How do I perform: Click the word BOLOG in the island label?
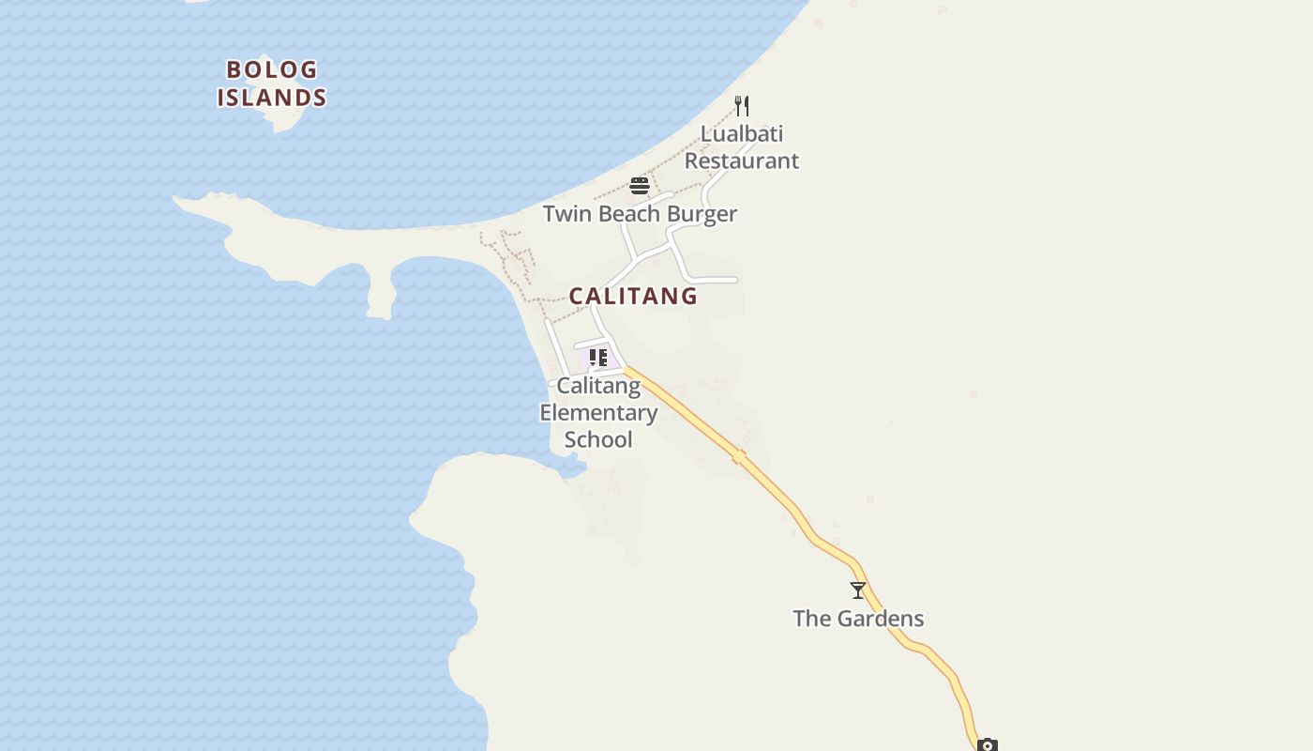[272, 69]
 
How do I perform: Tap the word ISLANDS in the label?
[272, 98]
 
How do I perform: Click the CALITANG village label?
[633, 296]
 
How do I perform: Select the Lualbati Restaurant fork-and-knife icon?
[741, 105]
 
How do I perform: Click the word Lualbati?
[741, 133]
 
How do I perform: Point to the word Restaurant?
[741, 161]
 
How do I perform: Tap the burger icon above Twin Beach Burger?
[640, 185]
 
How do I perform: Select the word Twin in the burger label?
[567, 214]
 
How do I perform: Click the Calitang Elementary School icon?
[597, 358]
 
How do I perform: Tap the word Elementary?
[598, 412]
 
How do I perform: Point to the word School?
[598, 439]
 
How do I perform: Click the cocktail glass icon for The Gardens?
[857, 590]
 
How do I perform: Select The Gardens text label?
[858, 619]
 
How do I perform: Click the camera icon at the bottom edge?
[987, 745]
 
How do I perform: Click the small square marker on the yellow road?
[739, 456]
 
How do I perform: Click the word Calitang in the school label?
[598, 386]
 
